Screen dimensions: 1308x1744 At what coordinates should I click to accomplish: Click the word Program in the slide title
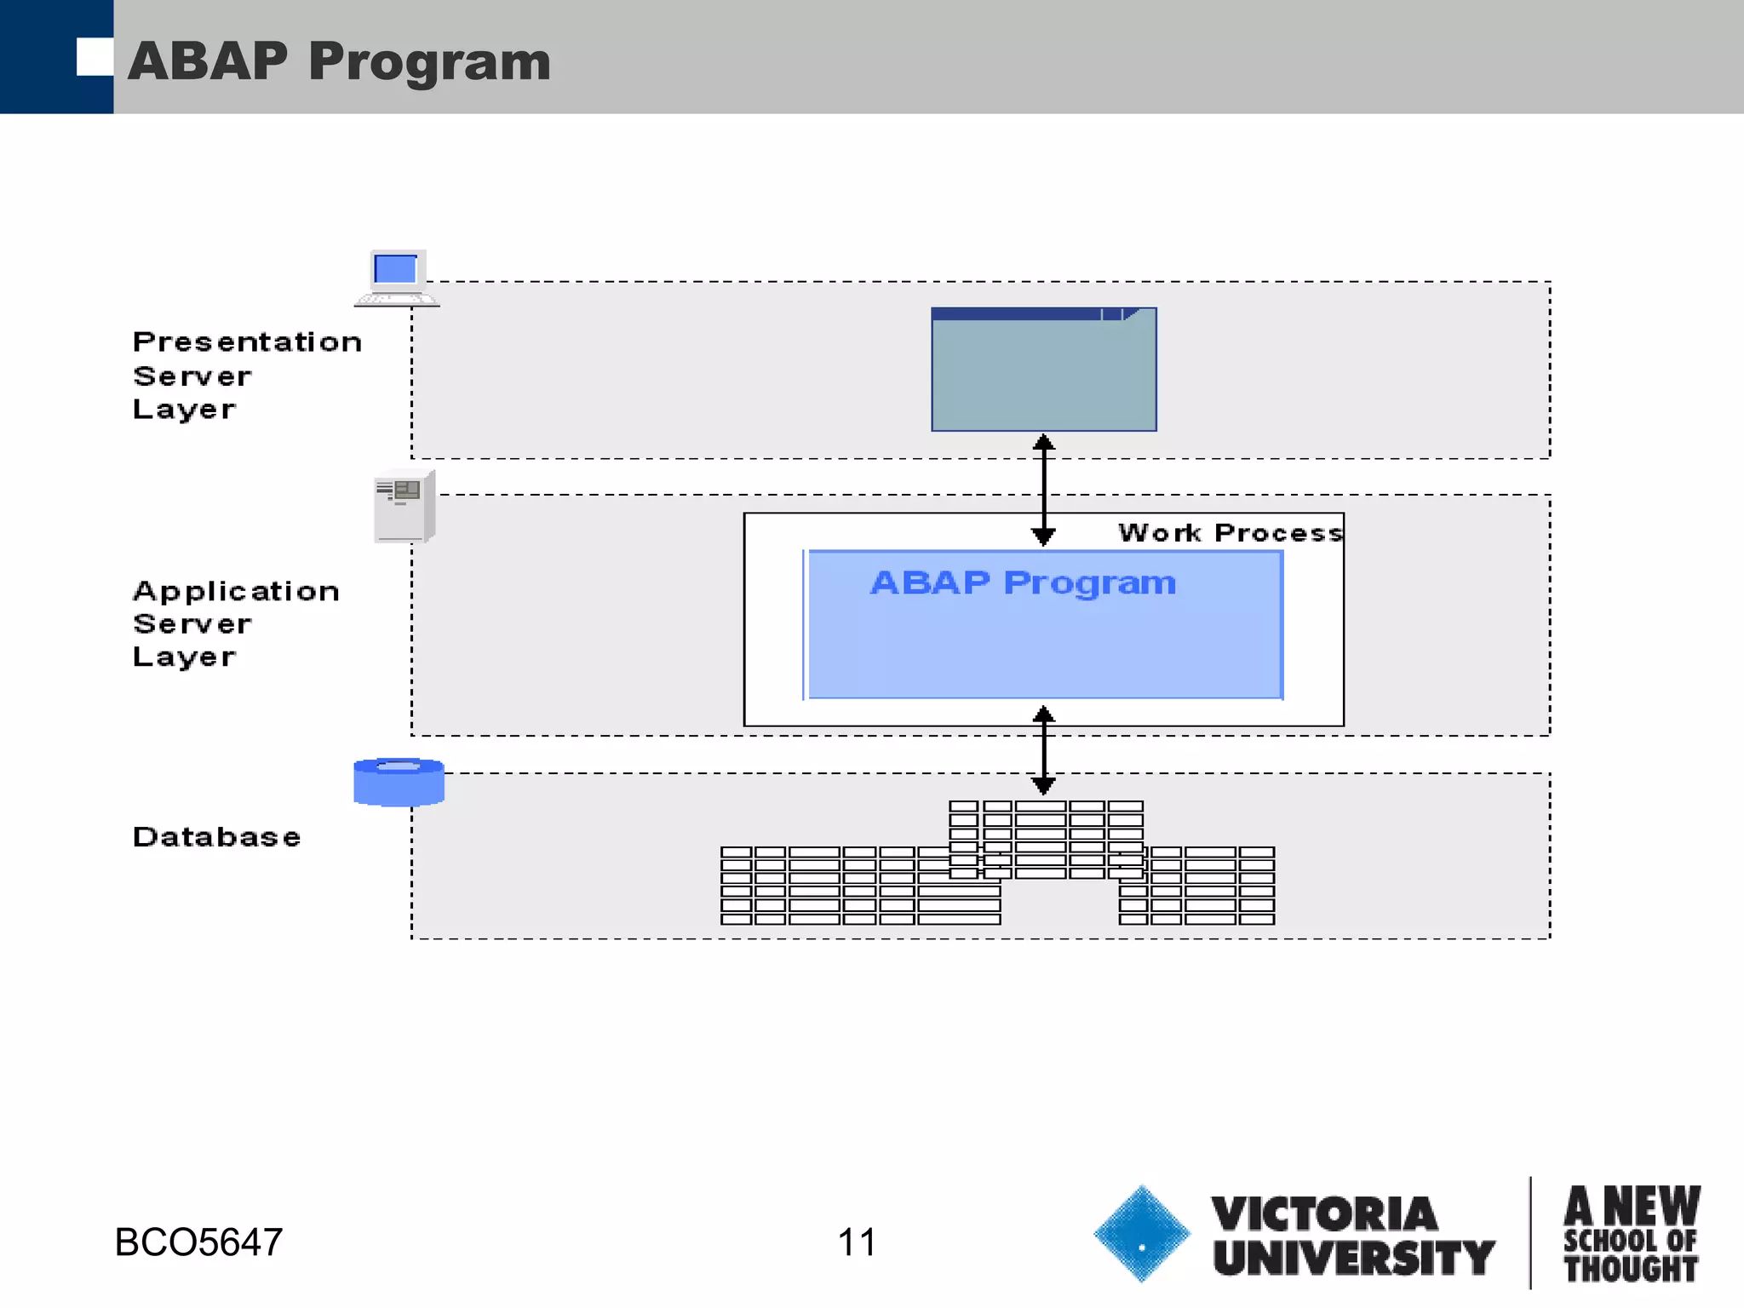pyautogui.click(x=430, y=63)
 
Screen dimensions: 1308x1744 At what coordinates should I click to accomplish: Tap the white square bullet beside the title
pyautogui.click(x=95, y=57)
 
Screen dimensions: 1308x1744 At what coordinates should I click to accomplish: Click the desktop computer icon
pyautogui.click(x=396, y=278)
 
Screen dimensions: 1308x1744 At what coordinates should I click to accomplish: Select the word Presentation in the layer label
pyautogui.click(x=247, y=341)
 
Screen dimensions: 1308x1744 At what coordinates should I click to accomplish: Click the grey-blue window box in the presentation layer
pyautogui.click(x=1043, y=375)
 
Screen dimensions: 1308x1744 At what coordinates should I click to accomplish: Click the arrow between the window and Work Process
pyautogui.click(x=1043, y=490)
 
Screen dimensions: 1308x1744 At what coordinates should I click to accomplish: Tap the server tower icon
pyautogui.click(x=404, y=506)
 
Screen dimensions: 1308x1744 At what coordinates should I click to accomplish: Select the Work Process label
pyautogui.click(x=1230, y=532)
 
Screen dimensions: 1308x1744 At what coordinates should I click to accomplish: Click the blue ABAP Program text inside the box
pyautogui.click(x=1022, y=582)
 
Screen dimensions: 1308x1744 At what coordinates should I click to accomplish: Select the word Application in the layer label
pyautogui.click(x=236, y=590)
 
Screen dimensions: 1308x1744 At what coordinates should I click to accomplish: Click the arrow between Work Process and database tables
pyautogui.click(x=1043, y=749)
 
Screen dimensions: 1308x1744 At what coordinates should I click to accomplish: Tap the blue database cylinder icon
pyautogui.click(x=399, y=782)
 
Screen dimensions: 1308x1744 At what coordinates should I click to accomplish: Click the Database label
pyautogui.click(x=216, y=836)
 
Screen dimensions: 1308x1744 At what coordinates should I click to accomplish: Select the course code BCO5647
pyautogui.click(x=198, y=1242)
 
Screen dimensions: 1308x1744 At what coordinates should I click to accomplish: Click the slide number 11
pyautogui.click(x=856, y=1242)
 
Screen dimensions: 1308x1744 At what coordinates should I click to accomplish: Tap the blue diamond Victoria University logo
pyautogui.click(x=1141, y=1233)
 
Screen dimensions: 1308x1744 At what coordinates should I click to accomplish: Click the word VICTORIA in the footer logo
pyautogui.click(x=1324, y=1213)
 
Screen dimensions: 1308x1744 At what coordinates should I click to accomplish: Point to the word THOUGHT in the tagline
pyautogui.click(x=1630, y=1269)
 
